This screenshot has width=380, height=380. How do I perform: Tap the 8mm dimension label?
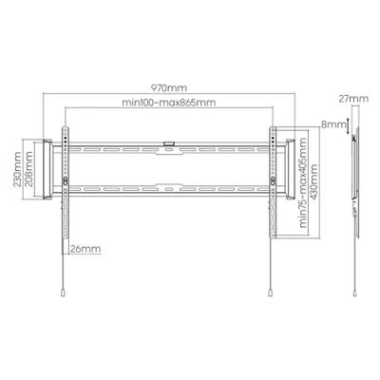click(336, 123)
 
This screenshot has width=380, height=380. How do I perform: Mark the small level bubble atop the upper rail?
click(169, 143)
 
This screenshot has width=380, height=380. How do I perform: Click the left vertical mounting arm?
click(64, 190)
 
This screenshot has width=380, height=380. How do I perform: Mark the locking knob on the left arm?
click(64, 179)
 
